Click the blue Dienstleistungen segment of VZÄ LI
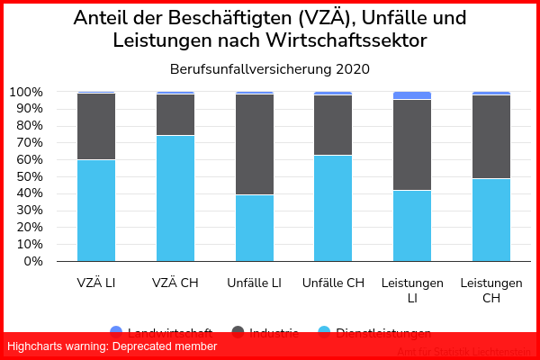pos(95,211)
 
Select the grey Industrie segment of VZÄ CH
pos(175,114)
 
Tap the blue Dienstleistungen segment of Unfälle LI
pos(254,228)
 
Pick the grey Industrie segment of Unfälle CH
pos(333,125)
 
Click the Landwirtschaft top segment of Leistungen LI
pos(412,95)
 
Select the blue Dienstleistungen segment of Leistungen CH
pos(491,220)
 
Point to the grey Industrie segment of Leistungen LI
pos(412,145)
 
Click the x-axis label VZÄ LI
pos(95,283)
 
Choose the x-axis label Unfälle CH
pos(333,283)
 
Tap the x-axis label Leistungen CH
pos(491,290)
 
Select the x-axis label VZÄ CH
pos(175,283)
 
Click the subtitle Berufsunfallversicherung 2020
pos(270,68)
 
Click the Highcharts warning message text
pos(112,346)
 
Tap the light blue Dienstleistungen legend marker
pos(322,332)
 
